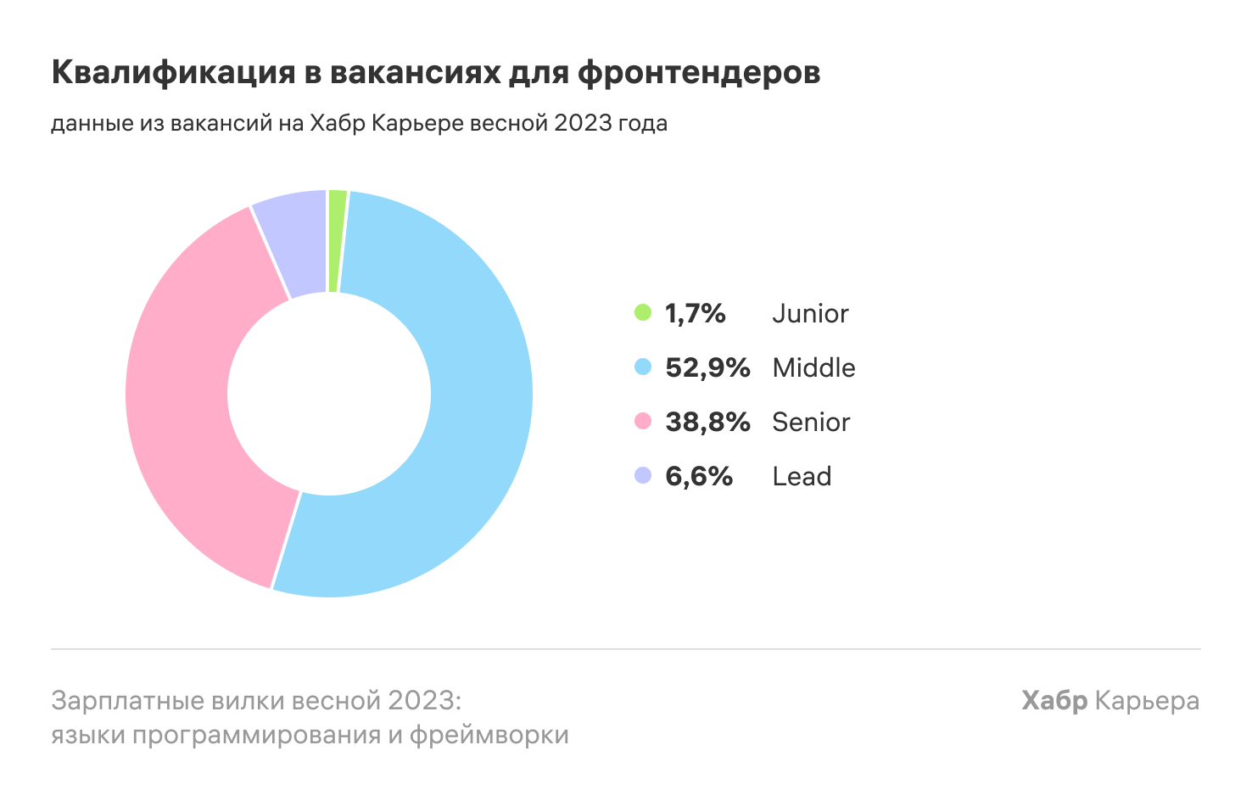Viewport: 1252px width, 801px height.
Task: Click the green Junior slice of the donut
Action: point(336,241)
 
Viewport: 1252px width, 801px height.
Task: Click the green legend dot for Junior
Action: point(643,312)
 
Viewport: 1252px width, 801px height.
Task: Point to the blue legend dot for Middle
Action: point(643,367)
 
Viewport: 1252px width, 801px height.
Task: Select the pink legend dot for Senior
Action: point(643,421)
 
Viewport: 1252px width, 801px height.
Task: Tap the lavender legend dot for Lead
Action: point(643,475)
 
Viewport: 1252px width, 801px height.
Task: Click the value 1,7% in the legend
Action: point(696,313)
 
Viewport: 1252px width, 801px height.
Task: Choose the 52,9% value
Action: point(707,367)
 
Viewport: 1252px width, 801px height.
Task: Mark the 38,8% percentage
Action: point(707,422)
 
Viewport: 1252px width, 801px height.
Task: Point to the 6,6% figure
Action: point(699,476)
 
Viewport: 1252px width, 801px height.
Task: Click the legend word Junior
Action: point(810,313)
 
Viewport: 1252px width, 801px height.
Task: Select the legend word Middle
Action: point(813,367)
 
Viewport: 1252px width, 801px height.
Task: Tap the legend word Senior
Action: point(811,422)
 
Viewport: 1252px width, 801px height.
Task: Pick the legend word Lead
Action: point(802,476)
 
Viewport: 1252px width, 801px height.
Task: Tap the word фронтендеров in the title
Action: point(699,73)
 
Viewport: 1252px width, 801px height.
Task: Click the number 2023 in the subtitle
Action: point(583,123)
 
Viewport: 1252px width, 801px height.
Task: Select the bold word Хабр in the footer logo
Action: point(1054,701)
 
